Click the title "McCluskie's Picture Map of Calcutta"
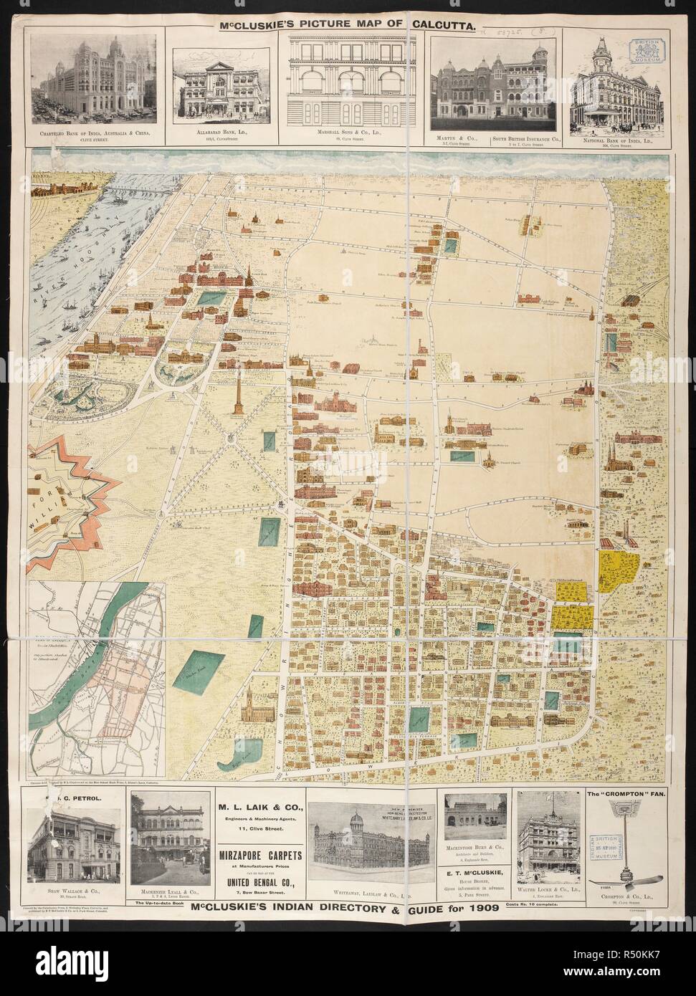(348, 25)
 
